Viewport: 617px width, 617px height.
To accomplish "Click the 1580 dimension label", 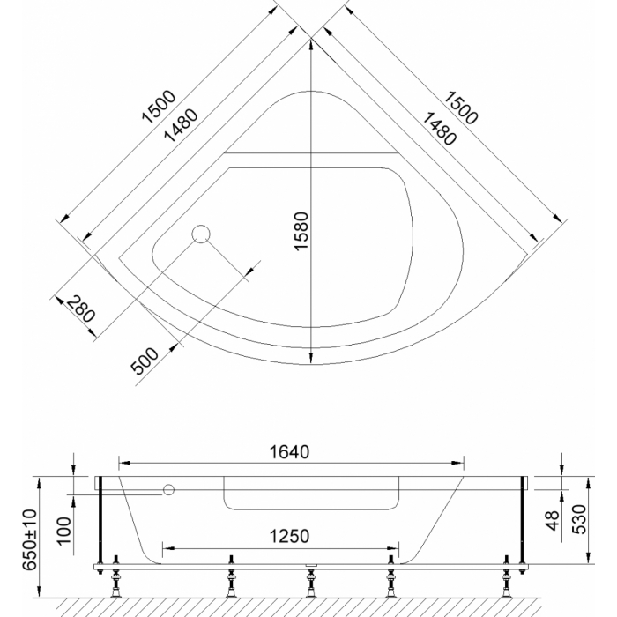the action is coord(301,231).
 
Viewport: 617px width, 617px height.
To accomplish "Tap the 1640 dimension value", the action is coord(289,452).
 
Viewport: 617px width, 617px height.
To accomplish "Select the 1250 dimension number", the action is coord(289,536).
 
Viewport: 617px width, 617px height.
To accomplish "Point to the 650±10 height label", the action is coord(29,539).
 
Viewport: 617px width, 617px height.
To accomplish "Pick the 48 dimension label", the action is coord(553,520).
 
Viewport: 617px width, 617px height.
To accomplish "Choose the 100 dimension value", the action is coord(64,531).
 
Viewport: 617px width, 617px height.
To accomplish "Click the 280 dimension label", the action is coord(81,309).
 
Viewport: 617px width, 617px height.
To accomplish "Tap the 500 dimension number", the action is coord(145,361).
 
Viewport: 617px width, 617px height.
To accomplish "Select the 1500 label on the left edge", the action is coord(159,107).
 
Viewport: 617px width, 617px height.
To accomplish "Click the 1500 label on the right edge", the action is coord(461,108).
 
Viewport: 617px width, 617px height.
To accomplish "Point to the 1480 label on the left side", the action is coord(181,125).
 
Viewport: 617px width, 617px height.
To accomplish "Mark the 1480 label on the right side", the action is coord(439,129).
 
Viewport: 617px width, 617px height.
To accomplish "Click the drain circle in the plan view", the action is coord(201,234).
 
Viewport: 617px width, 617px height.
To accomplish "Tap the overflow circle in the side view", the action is coord(168,490).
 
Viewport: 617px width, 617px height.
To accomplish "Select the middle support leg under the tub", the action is coord(311,582).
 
